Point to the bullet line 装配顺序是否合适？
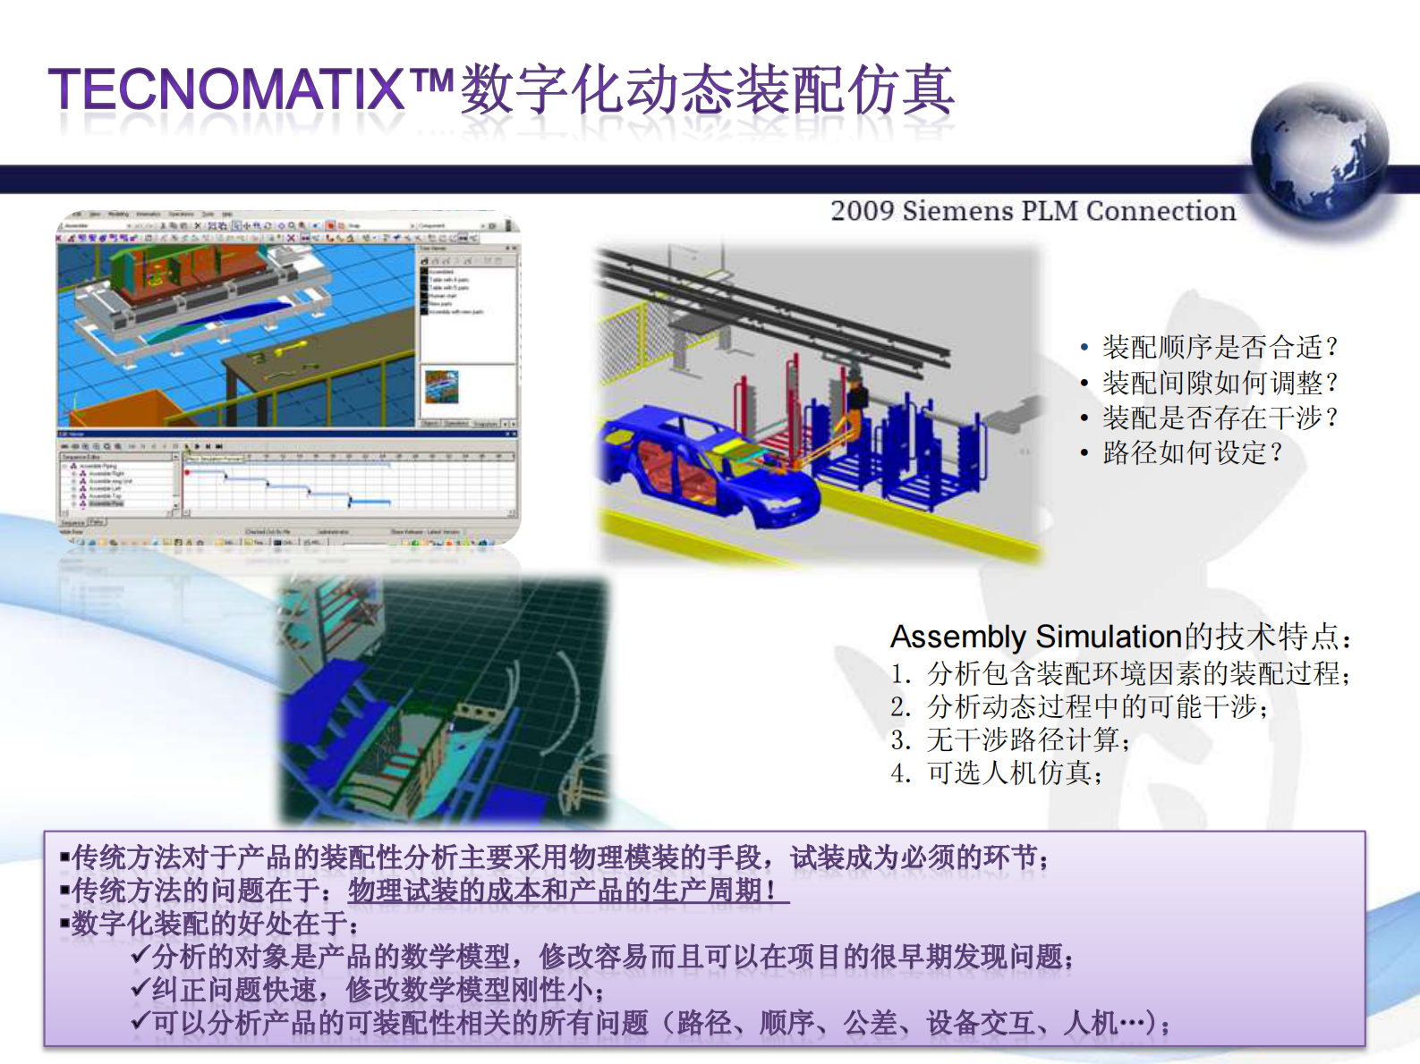[1219, 347]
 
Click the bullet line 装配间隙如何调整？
[1219, 383]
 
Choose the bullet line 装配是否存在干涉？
[1219, 418]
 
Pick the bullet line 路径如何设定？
[1192, 452]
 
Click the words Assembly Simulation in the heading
[1036, 637]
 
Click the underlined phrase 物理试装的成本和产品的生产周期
[567, 891]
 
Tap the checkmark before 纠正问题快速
[140, 989]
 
